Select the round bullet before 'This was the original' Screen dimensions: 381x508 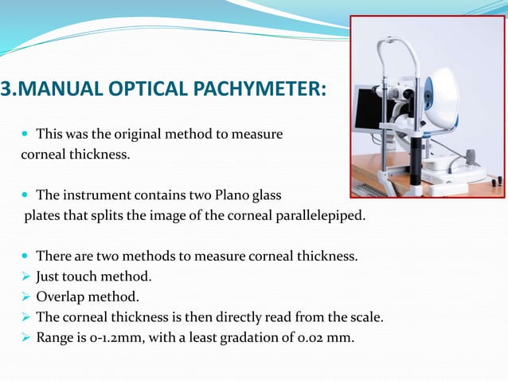pyautogui.click(x=26, y=135)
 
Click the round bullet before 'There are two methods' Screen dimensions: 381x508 pyautogui.click(x=26, y=256)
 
